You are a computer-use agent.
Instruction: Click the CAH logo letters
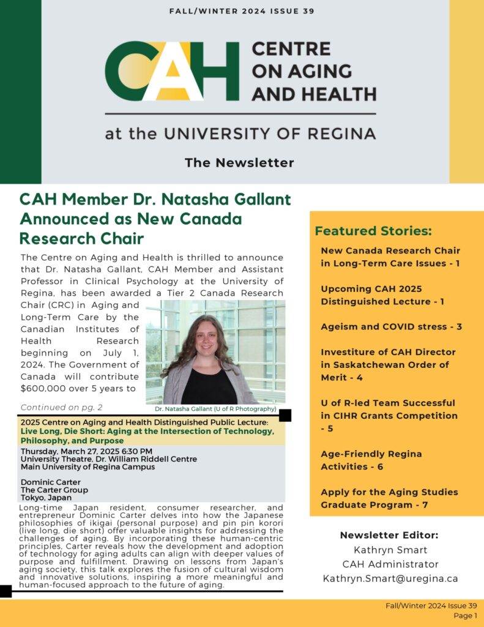pos(172,71)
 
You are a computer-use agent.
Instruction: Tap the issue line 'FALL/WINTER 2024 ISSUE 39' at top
pos(242,11)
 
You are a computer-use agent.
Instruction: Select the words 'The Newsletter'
pos(239,163)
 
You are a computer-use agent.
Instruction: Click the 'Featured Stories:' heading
pos(373,231)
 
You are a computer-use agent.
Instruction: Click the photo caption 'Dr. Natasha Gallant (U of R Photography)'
pos(215,408)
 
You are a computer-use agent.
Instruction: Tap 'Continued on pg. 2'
pos(61,407)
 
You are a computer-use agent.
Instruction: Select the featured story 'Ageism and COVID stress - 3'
pos(391,326)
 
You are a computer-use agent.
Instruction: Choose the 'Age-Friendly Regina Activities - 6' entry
pos(380,460)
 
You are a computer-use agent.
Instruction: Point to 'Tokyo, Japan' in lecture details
pos(46,497)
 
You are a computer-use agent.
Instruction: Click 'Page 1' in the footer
pos(465,615)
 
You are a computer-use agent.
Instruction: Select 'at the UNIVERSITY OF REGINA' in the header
pos(240,133)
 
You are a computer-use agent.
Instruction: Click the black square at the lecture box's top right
pos(285,416)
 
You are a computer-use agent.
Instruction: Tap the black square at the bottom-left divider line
pos(6,591)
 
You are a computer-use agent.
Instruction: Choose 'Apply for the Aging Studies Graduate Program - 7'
pos(389,498)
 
